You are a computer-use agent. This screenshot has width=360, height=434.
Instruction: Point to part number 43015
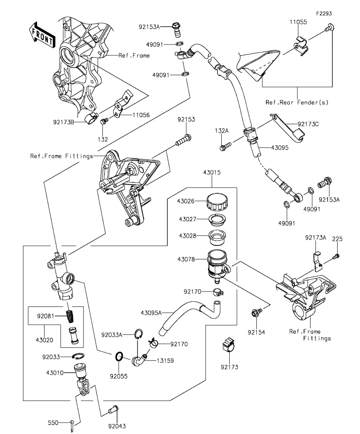click(212, 172)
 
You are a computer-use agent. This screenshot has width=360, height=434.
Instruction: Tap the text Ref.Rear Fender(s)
click(297, 102)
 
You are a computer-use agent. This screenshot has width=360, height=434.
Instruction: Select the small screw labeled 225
click(335, 257)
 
